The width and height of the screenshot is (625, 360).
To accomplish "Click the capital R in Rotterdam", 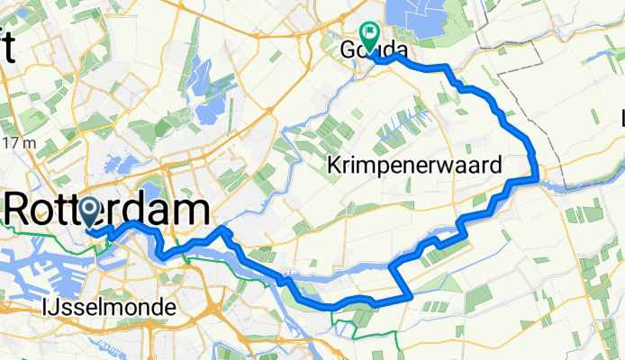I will pyautogui.click(x=20, y=211).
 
